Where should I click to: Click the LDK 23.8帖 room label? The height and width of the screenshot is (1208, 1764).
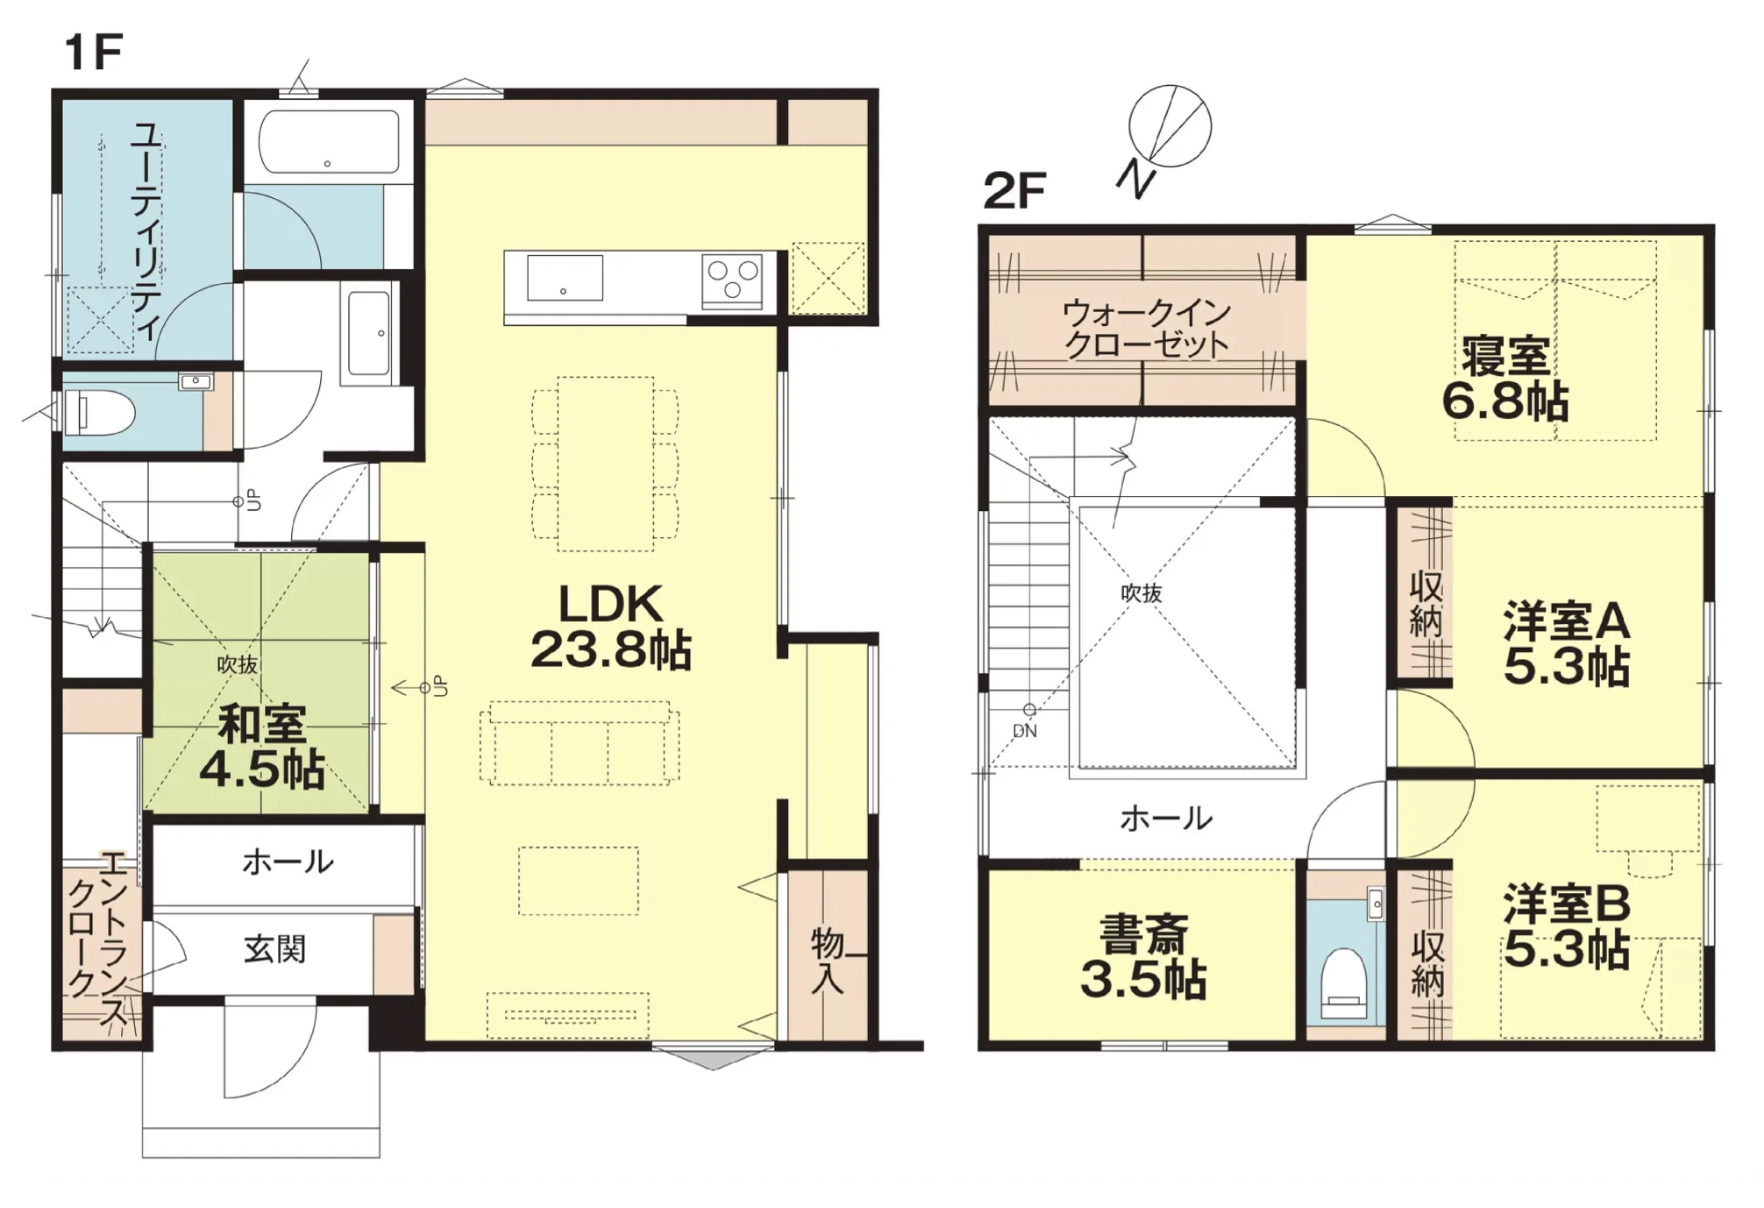click(611, 627)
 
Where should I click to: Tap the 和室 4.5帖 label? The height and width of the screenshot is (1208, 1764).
click(262, 746)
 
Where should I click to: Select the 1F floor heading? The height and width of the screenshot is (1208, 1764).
click(93, 53)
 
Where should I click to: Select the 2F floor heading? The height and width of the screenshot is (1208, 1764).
click(1014, 190)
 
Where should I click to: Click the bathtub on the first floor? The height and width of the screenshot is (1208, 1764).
click(329, 142)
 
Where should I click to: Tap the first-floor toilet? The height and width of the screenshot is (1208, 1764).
click(99, 412)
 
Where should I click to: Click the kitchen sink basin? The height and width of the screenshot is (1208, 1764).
click(565, 277)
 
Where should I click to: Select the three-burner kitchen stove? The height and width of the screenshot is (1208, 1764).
click(731, 281)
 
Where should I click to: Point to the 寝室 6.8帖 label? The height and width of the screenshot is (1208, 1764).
click(1505, 378)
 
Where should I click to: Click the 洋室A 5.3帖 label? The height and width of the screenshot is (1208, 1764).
click(1567, 643)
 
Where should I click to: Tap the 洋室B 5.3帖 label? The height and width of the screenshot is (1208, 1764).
click(1567, 926)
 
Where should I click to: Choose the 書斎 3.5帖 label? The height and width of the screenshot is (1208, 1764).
click(1143, 956)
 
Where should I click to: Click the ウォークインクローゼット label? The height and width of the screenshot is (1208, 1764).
click(1147, 328)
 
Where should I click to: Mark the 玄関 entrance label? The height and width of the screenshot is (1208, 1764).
click(274, 949)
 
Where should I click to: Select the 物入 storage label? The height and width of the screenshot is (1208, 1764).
click(827, 961)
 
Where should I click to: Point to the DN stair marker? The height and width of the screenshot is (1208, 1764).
click(1025, 731)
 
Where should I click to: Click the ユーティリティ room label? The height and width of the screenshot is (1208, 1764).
click(145, 231)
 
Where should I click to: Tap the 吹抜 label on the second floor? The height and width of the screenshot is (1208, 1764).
click(1142, 593)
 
